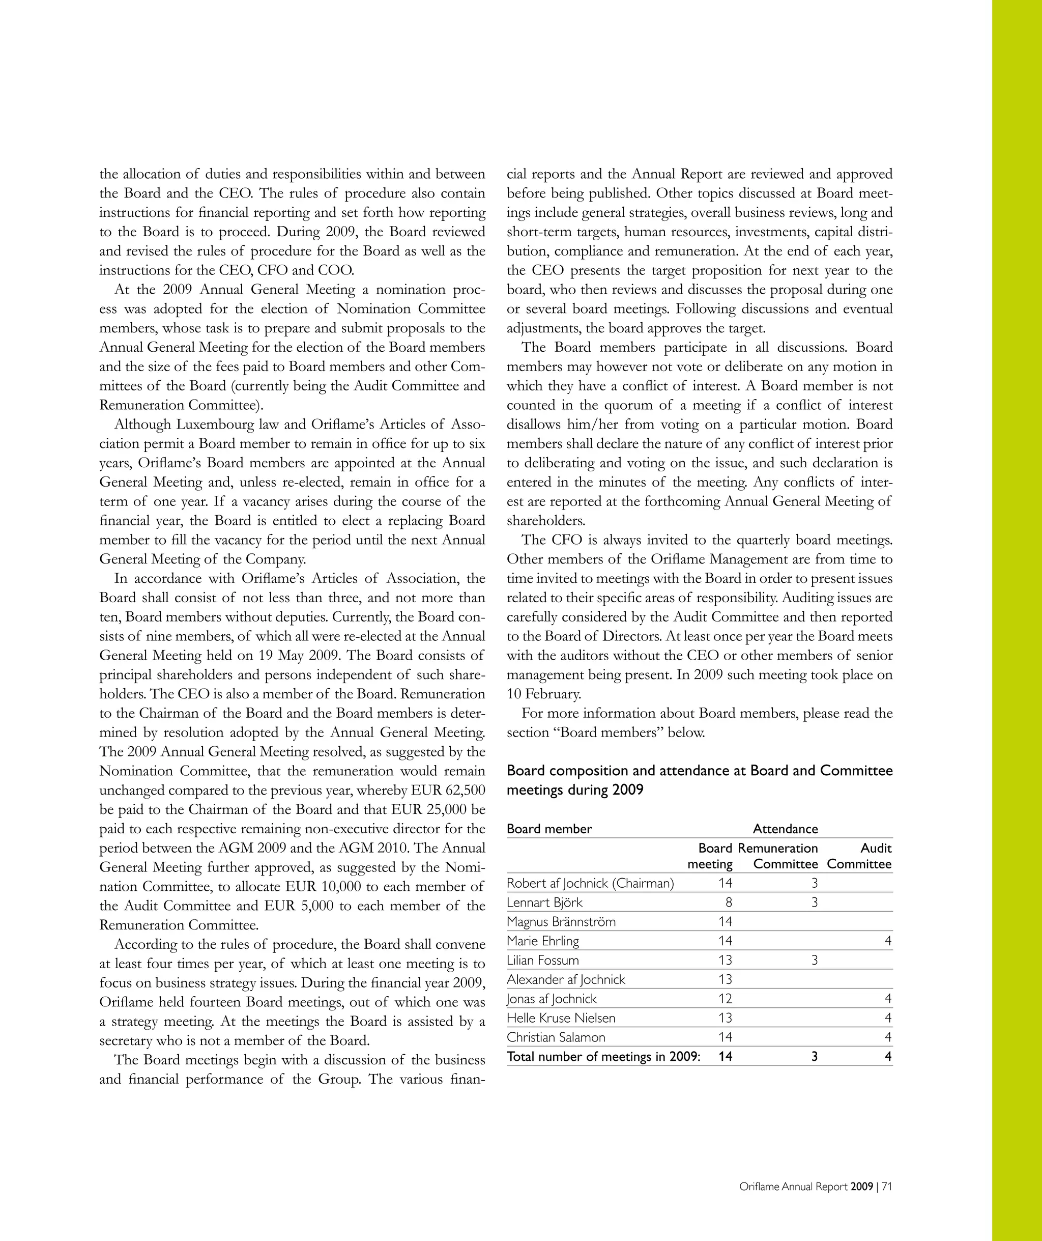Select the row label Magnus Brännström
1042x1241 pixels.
(561, 921)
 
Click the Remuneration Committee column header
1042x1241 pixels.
(778, 856)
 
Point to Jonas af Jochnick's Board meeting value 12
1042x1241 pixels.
(725, 999)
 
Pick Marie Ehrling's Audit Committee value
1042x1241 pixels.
(888, 941)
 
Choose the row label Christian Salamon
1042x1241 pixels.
(556, 1037)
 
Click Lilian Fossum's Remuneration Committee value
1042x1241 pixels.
(814, 961)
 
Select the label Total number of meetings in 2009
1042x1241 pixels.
(603, 1057)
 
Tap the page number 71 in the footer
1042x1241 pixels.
(887, 1187)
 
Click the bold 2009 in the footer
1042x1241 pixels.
(862, 1187)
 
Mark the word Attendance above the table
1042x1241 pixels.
(785, 829)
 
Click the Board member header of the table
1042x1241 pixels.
(549, 829)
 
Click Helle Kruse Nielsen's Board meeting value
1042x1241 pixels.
(725, 1018)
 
